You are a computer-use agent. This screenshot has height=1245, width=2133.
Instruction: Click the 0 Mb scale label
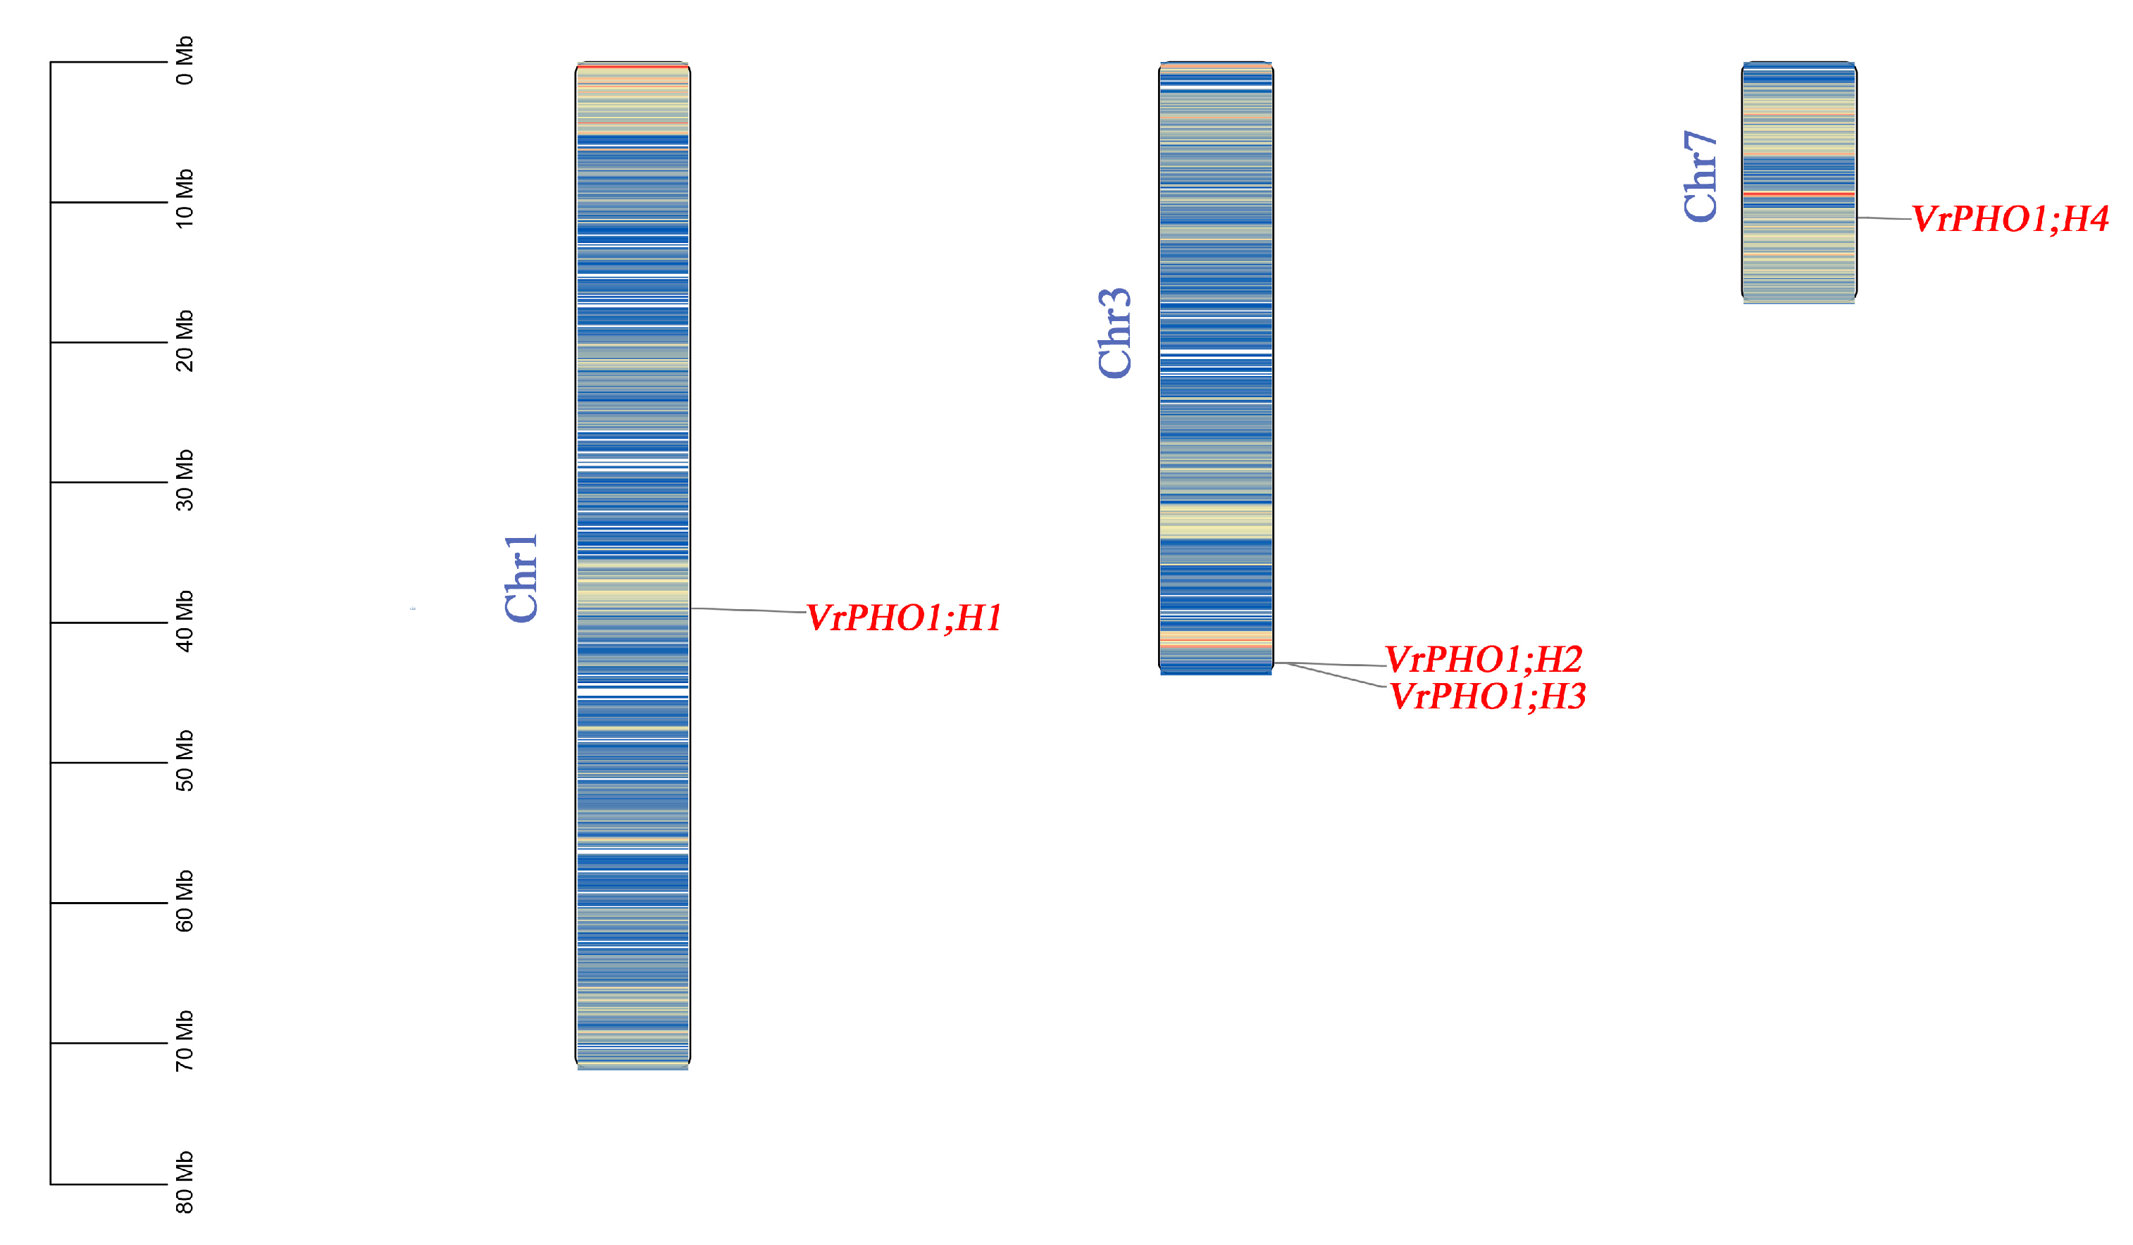pyautogui.click(x=185, y=61)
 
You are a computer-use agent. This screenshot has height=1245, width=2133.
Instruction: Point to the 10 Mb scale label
pyautogui.click(x=185, y=199)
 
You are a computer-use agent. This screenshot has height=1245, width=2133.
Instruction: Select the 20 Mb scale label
pyautogui.click(x=185, y=340)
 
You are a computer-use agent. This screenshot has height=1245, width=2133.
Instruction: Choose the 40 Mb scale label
pyautogui.click(x=185, y=620)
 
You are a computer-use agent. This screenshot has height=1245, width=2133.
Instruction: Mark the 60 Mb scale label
pyautogui.click(x=185, y=901)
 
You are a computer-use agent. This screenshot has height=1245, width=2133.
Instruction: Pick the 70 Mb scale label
pyautogui.click(x=185, y=1040)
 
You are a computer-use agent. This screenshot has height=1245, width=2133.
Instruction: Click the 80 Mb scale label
pyautogui.click(x=185, y=1182)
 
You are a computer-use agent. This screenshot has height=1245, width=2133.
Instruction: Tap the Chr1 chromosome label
pyautogui.click(x=521, y=578)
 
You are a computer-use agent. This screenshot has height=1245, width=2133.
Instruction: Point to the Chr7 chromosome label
pyautogui.click(x=1700, y=176)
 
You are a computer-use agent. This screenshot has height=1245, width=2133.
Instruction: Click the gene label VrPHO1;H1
pyautogui.click(x=903, y=618)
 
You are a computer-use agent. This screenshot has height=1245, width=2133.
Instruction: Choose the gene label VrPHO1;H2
pyautogui.click(x=1483, y=658)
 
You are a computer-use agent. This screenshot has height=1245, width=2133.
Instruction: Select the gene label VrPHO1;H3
pyautogui.click(x=1487, y=696)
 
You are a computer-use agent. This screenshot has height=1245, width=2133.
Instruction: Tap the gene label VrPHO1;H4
pyautogui.click(x=2010, y=219)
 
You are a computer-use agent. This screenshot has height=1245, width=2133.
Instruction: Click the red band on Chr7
pyautogui.click(x=1798, y=194)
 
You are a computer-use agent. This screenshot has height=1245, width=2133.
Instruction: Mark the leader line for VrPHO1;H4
pyautogui.click(x=1884, y=218)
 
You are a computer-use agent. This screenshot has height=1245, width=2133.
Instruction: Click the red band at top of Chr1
pyautogui.click(x=633, y=66)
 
